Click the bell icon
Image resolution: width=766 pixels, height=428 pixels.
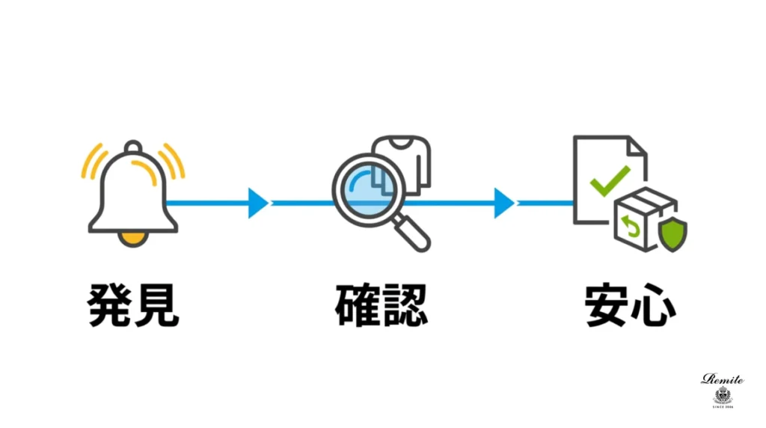click(133, 191)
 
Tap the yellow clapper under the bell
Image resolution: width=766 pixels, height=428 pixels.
click(133, 238)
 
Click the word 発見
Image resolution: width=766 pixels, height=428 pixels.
click(133, 303)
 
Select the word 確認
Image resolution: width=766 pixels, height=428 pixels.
click(382, 303)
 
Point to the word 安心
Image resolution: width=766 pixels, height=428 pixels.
click(631, 303)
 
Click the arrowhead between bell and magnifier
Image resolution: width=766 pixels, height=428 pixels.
click(257, 203)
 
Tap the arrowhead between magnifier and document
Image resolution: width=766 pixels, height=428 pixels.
click(503, 203)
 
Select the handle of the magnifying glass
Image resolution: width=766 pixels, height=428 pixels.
click(414, 233)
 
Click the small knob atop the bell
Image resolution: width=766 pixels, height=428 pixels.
click(133, 146)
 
